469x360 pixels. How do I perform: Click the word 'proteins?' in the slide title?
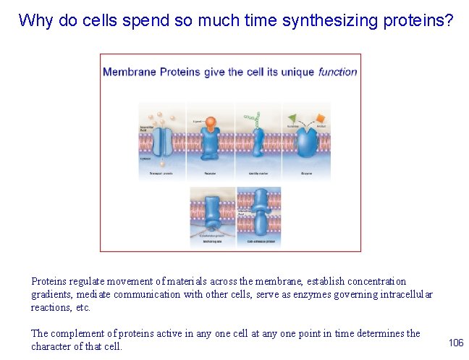click(420, 20)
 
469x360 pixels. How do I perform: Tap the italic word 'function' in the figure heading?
click(337, 72)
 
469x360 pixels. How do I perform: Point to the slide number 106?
click(455, 342)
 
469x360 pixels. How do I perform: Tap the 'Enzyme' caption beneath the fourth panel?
click(307, 175)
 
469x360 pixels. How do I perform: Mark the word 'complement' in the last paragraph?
click(75, 333)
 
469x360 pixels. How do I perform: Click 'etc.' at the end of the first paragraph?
click(83, 307)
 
